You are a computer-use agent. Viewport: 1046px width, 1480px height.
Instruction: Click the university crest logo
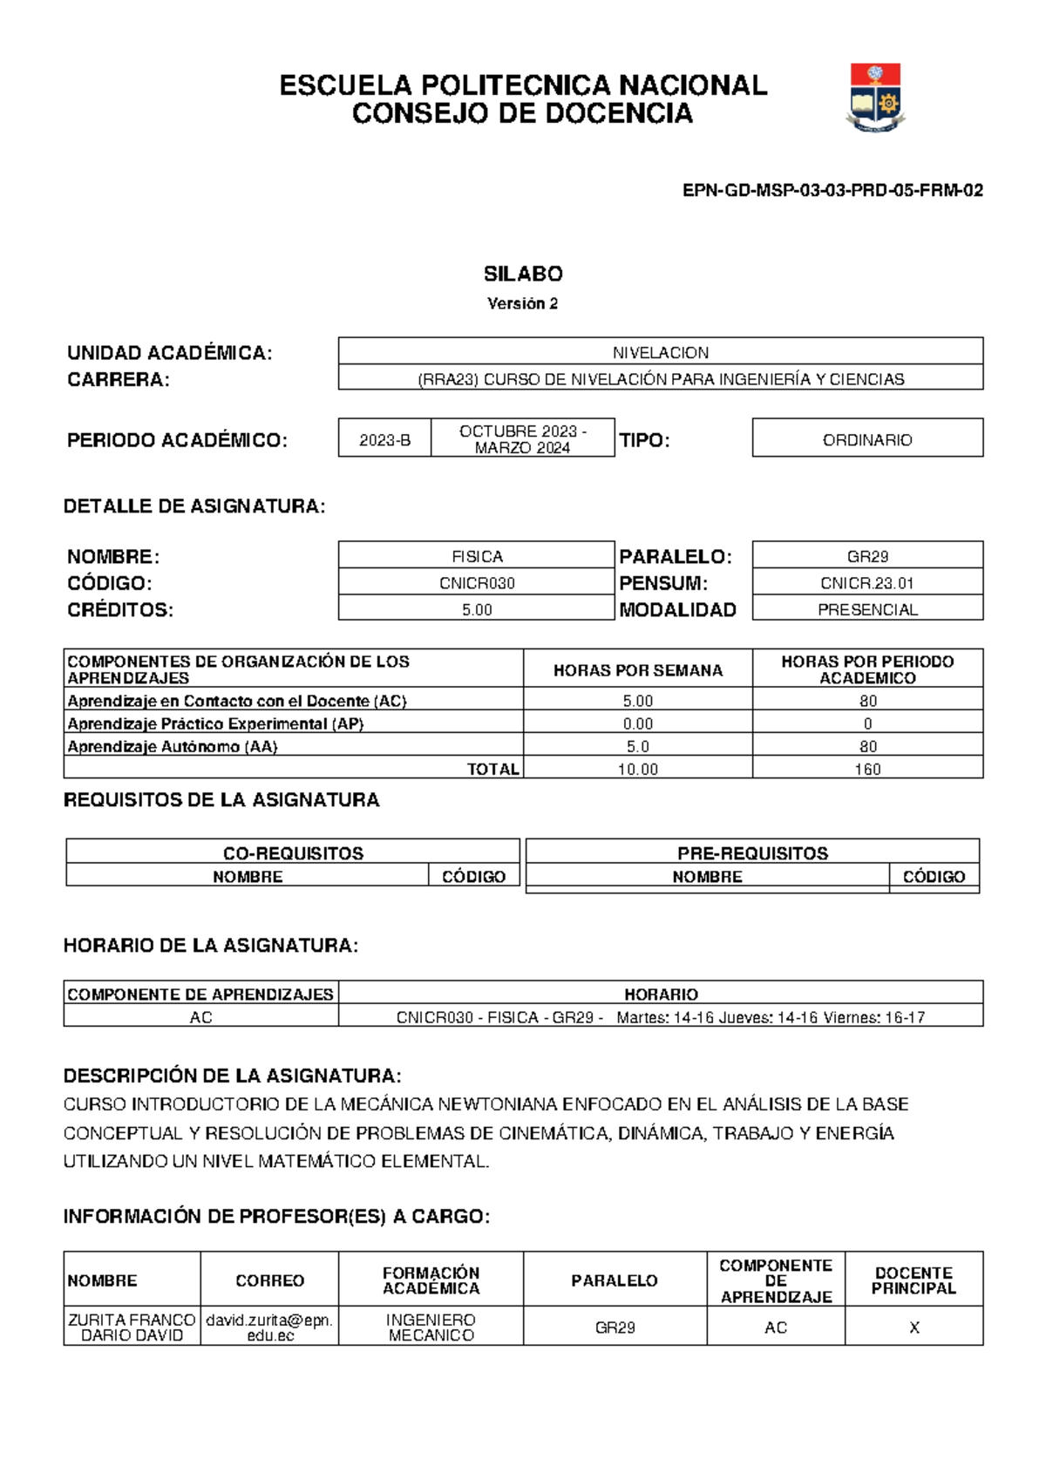pyautogui.click(x=875, y=98)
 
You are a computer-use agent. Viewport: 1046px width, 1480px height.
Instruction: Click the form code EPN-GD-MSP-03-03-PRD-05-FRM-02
pyautogui.click(x=832, y=191)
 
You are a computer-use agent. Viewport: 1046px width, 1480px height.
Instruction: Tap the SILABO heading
pyautogui.click(x=523, y=274)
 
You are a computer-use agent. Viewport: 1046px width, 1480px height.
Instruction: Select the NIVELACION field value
pyautogui.click(x=660, y=352)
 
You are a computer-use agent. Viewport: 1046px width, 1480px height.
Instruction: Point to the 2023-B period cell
pyautogui.click(x=384, y=440)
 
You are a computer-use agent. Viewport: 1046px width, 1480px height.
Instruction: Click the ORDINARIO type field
pyautogui.click(x=867, y=440)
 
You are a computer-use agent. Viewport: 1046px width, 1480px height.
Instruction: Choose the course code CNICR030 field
pyautogui.click(x=477, y=583)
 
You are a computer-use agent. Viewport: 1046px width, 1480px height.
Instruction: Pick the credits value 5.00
pyautogui.click(x=477, y=609)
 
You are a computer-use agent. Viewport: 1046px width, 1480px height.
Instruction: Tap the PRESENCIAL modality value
pyautogui.click(x=867, y=609)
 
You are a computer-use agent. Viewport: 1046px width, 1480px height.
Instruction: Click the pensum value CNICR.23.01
pyautogui.click(x=867, y=583)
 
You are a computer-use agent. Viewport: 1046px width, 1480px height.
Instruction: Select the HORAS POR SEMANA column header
pyautogui.click(x=637, y=670)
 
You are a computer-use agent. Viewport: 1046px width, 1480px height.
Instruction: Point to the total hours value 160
pyautogui.click(x=867, y=769)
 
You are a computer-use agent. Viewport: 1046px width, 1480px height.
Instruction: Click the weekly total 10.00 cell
pyautogui.click(x=637, y=769)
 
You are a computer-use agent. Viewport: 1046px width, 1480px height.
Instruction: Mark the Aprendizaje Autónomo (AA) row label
pyautogui.click(x=173, y=746)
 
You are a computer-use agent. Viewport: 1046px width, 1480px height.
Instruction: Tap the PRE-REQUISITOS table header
pyautogui.click(x=752, y=853)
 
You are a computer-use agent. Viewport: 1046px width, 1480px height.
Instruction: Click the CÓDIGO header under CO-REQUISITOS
pyautogui.click(x=473, y=876)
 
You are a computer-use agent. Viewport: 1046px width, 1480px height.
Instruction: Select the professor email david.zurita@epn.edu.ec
pyautogui.click(x=269, y=1327)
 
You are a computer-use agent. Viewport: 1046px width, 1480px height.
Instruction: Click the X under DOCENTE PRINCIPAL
pyautogui.click(x=914, y=1327)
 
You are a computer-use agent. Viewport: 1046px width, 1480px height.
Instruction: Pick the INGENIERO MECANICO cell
pyautogui.click(x=431, y=1327)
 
